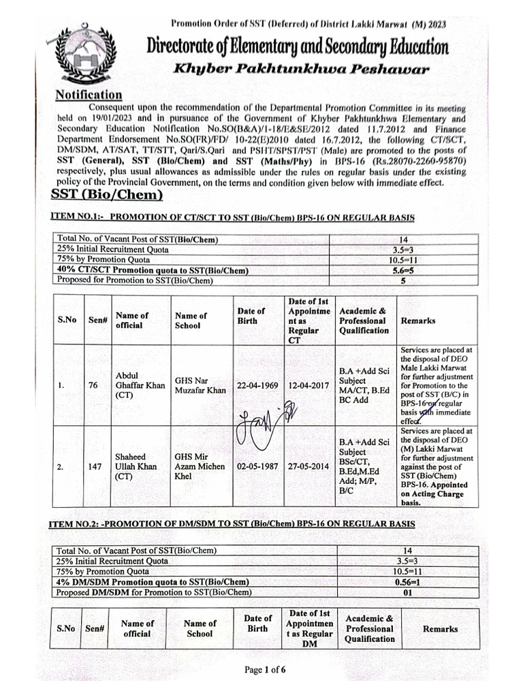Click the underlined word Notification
pyautogui.click(x=89, y=95)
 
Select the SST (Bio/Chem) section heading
pyautogui.click(x=107, y=195)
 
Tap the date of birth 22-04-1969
pyautogui.click(x=257, y=385)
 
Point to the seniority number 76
pyautogui.click(x=93, y=385)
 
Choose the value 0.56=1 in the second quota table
pyautogui.click(x=408, y=582)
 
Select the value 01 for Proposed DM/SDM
pyautogui.click(x=408, y=592)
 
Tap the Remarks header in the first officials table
pyautogui.click(x=418, y=320)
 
